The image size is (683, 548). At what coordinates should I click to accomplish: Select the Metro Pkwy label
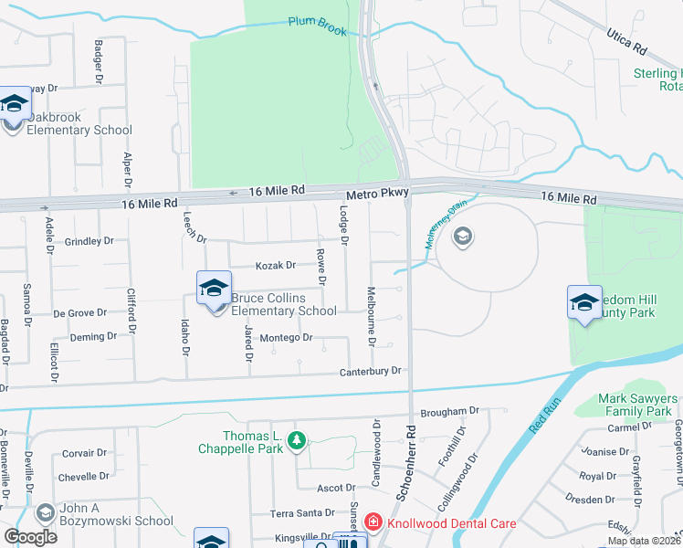click(377, 193)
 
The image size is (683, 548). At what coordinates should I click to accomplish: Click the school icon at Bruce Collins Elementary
click(214, 290)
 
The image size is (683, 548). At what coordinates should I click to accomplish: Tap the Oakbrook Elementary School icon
click(13, 108)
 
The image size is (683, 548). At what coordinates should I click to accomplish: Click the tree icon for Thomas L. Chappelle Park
click(296, 441)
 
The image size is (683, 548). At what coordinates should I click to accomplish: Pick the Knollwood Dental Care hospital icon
click(372, 523)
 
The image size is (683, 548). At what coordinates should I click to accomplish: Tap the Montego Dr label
click(287, 338)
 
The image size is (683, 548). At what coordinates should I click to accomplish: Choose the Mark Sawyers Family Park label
click(637, 406)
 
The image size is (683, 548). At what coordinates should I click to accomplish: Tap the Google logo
click(30, 537)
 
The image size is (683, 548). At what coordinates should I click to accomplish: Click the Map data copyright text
click(644, 541)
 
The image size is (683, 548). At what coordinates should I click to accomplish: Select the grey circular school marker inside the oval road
click(462, 237)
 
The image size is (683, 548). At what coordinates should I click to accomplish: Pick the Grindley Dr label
click(89, 241)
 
